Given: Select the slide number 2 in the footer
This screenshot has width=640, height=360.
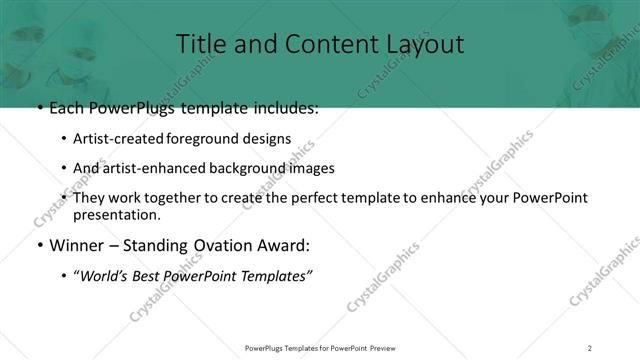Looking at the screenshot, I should click(590, 347).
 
